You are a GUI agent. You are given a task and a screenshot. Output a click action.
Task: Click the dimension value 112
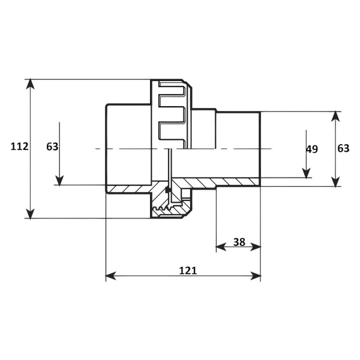(20, 146)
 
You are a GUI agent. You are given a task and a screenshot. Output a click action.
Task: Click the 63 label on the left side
(52, 147)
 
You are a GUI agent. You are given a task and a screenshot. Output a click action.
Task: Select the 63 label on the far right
(343, 149)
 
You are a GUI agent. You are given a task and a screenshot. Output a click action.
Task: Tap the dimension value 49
(312, 149)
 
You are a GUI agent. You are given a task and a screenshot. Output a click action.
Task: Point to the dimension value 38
(239, 242)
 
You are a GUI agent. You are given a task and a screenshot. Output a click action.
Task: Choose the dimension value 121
(188, 271)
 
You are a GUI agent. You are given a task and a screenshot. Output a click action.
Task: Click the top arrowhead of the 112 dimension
(30, 84)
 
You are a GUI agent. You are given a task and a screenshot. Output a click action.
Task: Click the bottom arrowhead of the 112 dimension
(30, 214)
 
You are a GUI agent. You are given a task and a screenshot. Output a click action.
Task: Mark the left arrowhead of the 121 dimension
(111, 276)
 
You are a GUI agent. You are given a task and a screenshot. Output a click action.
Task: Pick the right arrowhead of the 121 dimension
(256, 276)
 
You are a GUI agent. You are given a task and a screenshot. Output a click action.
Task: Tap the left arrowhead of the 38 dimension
(221, 247)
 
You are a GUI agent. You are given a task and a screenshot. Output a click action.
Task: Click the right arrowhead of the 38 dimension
(256, 247)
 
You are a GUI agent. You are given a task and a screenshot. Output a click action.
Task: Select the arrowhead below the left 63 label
(59, 180)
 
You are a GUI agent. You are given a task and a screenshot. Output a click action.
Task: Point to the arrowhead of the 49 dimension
(306, 173)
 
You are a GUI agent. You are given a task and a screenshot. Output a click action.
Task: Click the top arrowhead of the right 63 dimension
(335, 116)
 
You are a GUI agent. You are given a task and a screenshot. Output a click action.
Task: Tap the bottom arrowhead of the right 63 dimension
(335, 181)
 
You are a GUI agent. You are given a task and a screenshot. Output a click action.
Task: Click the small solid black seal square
(168, 190)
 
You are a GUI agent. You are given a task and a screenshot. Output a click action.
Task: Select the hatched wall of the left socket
(128, 189)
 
